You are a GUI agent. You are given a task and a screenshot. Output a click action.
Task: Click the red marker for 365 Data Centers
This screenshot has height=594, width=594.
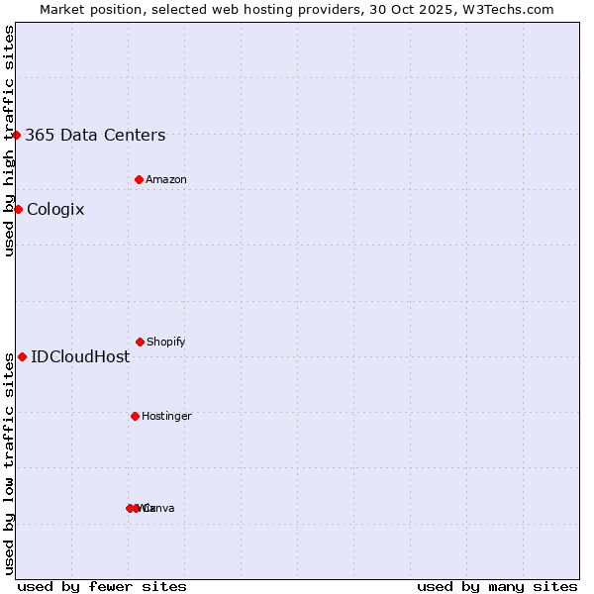17,135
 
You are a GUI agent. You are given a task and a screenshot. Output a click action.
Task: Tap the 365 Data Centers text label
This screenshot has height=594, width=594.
95,136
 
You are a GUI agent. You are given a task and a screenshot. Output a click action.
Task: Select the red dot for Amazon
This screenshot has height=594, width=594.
140,179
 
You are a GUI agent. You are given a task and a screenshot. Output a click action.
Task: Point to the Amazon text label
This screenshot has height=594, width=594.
166,180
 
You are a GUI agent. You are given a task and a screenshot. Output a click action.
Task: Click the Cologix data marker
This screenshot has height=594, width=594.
18,209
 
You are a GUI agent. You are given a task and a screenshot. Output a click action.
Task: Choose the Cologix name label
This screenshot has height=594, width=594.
55,210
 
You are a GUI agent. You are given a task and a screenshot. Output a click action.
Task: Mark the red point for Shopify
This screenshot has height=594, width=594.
140,342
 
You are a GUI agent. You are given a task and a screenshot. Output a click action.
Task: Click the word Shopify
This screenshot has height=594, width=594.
166,343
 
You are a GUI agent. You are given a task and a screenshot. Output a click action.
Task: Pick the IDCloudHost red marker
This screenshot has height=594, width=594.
22,356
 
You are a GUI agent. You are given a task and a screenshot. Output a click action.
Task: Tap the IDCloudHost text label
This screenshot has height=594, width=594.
80,357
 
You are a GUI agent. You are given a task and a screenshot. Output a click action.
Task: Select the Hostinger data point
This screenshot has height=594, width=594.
135,416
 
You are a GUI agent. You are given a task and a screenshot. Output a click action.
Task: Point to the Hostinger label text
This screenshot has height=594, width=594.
166,417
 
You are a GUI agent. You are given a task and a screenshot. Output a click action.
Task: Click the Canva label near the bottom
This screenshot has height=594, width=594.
158,509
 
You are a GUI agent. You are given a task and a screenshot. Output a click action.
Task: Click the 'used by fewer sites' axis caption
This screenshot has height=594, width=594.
102,586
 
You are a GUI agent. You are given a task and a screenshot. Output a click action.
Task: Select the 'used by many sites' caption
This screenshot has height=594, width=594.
497,586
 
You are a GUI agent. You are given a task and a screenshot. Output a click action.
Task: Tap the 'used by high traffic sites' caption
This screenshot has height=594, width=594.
9,141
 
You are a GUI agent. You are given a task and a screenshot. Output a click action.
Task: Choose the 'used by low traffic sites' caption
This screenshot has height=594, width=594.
9,463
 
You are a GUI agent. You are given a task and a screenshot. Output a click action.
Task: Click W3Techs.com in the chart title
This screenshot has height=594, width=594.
508,9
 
